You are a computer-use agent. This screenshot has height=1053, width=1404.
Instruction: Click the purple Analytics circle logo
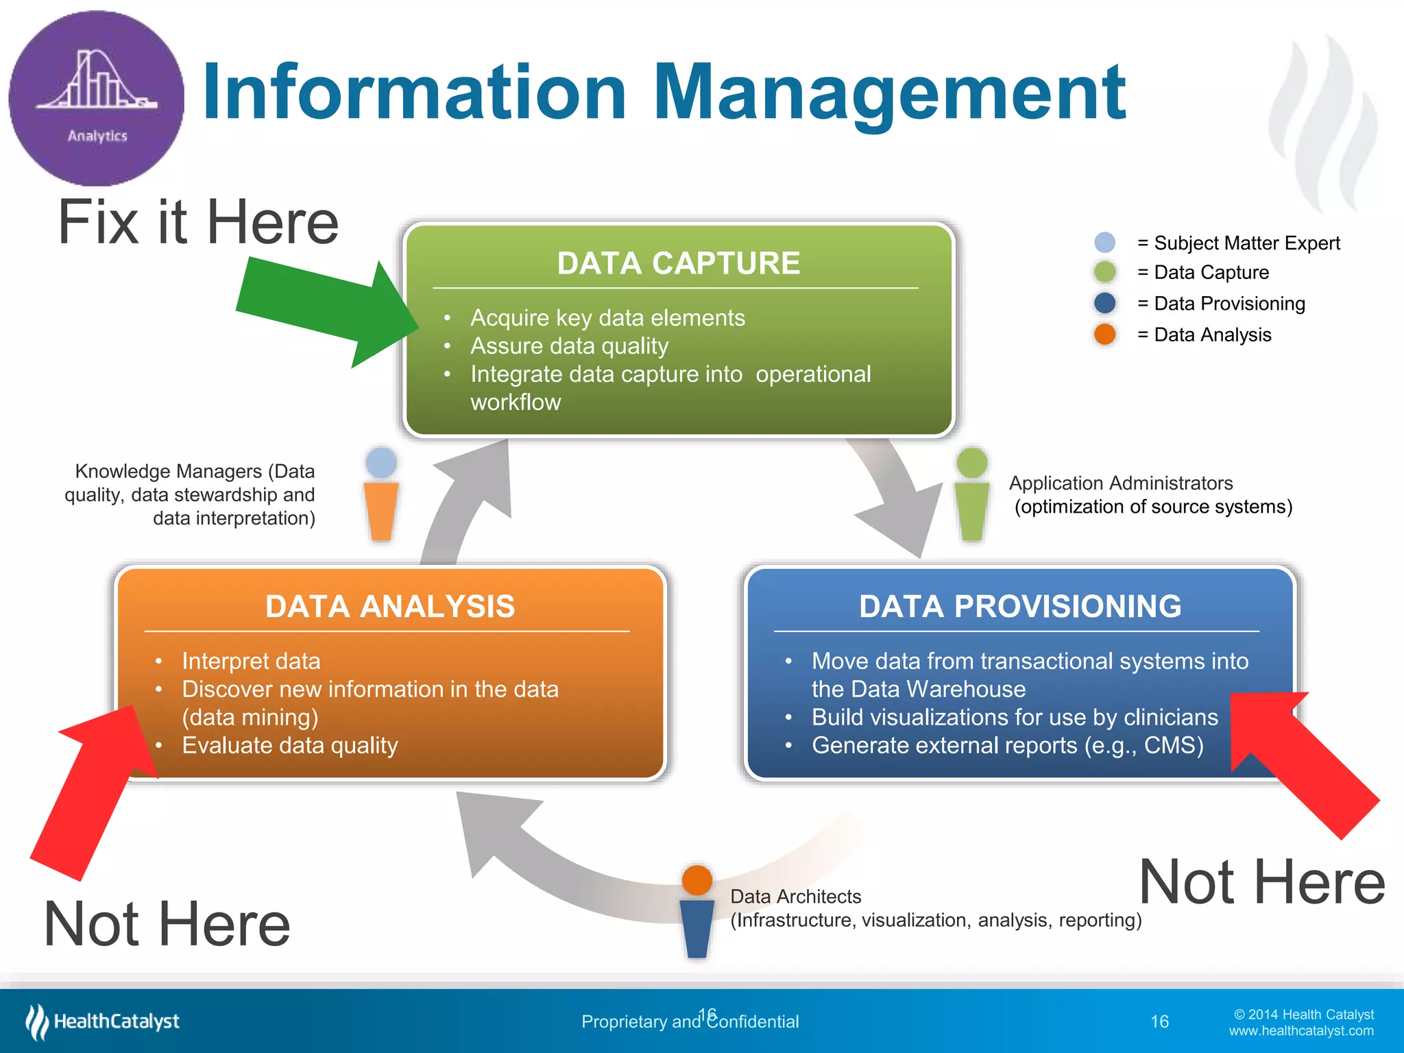(96, 98)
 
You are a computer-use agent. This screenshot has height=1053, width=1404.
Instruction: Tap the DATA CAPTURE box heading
(678, 263)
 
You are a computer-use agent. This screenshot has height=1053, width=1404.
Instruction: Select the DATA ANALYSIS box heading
(389, 607)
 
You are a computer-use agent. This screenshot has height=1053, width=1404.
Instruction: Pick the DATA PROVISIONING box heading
(1020, 607)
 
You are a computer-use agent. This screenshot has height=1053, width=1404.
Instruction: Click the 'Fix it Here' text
(198, 222)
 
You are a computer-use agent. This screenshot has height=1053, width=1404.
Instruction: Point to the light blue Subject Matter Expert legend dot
(1104, 242)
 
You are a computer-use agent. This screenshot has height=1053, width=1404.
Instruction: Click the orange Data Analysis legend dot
(1104, 335)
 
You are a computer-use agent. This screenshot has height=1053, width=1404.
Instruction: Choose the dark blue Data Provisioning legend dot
(1104, 303)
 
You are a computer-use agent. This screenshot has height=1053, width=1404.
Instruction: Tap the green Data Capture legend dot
(1104, 272)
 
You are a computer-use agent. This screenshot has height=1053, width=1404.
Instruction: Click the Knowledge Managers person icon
(381, 494)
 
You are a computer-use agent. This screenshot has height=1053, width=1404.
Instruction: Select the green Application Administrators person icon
(971, 494)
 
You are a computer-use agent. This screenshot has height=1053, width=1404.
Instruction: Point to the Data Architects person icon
(697, 912)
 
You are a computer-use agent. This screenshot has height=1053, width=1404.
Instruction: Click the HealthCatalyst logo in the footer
(103, 1021)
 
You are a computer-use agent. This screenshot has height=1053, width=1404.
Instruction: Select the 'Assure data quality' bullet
(569, 346)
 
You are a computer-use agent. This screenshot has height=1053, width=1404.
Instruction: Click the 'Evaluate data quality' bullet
(289, 745)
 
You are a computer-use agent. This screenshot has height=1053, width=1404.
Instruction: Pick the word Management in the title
(889, 93)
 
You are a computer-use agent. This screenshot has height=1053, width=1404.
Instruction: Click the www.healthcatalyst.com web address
(1300, 1031)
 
